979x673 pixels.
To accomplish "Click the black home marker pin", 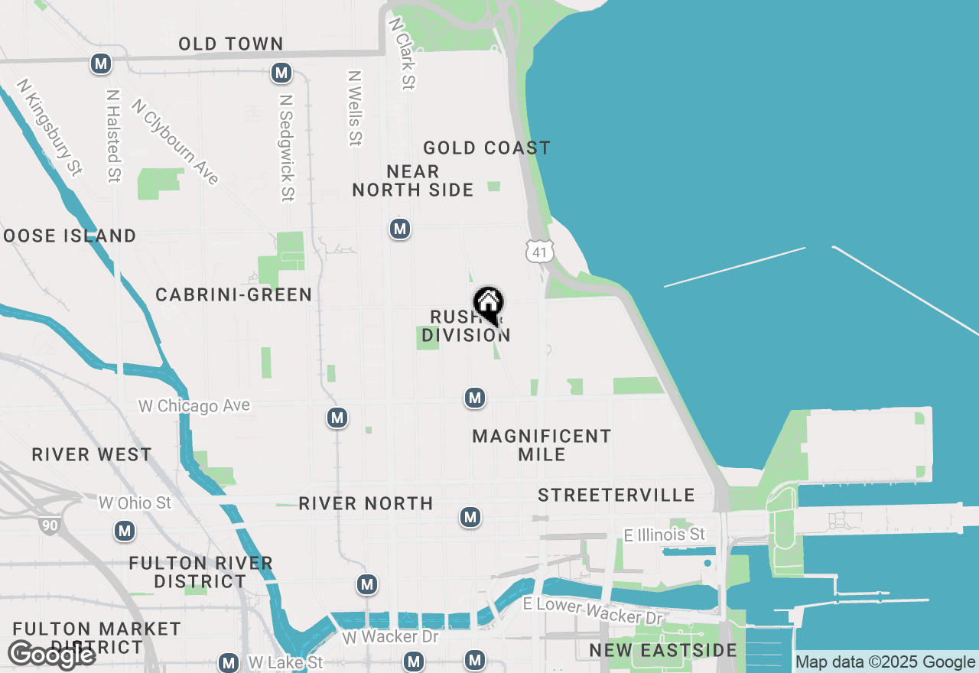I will click(x=488, y=305).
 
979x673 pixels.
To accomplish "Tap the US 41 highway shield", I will click(x=539, y=251).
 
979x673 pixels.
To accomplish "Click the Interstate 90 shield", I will click(x=47, y=524).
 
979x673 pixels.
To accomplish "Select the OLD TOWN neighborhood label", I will click(x=231, y=44).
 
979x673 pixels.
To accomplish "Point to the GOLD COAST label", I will click(x=486, y=148).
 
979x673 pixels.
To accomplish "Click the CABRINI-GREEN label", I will click(x=233, y=294).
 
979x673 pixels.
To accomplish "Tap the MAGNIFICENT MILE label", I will click(x=542, y=445).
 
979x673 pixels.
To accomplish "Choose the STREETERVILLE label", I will click(x=616, y=495).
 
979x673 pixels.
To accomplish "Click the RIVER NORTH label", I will click(x=366, y=503).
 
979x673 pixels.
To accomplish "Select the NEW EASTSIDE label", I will click(x=663, y=651).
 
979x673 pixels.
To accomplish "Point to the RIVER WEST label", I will click(x=92, y=455).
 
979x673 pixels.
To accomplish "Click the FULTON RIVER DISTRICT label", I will click(x=201, y=572).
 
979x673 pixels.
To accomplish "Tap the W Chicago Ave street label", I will click(x=194, y=405).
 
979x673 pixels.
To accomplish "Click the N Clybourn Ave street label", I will click(x=175, y=141).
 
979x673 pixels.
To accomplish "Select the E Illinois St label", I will click(x=665, y=535).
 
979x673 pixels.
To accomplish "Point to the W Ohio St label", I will click(x=135, y=502).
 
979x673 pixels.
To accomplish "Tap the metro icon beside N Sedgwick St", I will click(x=281, y=73).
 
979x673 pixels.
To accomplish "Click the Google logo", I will click(x=52, y=655).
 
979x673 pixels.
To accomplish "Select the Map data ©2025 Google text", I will click(x=886, y=662).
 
